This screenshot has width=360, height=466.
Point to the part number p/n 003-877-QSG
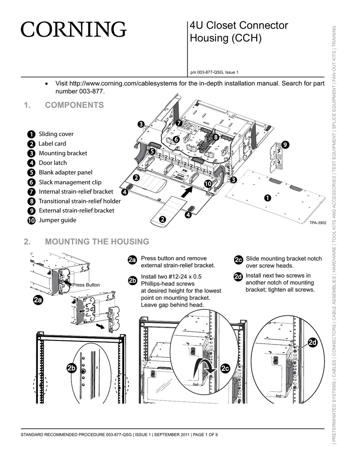(214, 72)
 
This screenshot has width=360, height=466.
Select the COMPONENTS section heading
(74, 105)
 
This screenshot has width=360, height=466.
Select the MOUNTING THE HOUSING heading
(97, 241)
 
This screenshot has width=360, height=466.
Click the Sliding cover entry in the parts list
(56, 134)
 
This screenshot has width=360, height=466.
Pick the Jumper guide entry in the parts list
(57, 220)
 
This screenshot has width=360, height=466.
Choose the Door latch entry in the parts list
(52, 163)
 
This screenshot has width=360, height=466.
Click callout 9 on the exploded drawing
(285, 144)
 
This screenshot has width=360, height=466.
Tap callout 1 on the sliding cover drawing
(267, 198)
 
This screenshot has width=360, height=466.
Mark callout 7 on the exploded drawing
(179, 123)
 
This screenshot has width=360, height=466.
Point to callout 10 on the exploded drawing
(208, 183)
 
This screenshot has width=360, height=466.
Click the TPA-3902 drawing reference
(318, 223)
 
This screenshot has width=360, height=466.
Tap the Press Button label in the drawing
(86, 285)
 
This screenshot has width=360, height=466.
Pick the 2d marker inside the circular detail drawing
(313, 343)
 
